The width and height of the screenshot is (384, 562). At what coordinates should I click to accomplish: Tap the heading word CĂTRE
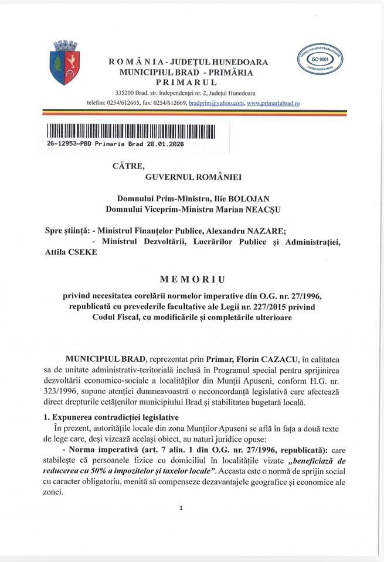128,166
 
